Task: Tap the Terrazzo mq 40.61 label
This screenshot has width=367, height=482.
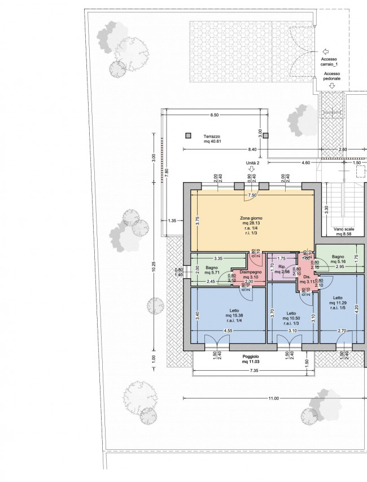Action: click(212, 139)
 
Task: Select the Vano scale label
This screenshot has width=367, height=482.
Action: click(344, 229)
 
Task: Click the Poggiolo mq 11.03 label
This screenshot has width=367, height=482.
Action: click(251, 359)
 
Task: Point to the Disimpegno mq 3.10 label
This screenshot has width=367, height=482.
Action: click(251, 274)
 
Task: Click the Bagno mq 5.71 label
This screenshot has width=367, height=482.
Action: click(212, 270)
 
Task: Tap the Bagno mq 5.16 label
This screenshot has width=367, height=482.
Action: click(338, 259)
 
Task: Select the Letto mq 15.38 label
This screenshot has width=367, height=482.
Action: click(234, 316)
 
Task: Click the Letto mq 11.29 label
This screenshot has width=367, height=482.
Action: click(338, 303)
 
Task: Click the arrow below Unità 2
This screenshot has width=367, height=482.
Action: click(252, 169)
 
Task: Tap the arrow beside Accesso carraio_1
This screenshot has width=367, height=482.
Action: click(325, 51)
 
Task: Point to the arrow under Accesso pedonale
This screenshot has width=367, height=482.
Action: click(331, 85)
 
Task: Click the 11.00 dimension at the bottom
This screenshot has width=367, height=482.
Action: click(273, 398)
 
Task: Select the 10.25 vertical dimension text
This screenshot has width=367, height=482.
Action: click(154, 266)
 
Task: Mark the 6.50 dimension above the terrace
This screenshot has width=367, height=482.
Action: click(214, 115)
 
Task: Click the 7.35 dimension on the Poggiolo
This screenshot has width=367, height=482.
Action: click(254, 370)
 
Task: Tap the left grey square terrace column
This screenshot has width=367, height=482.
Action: click(188, 135)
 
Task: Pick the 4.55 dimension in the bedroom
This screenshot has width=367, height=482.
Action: click(228, 331)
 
